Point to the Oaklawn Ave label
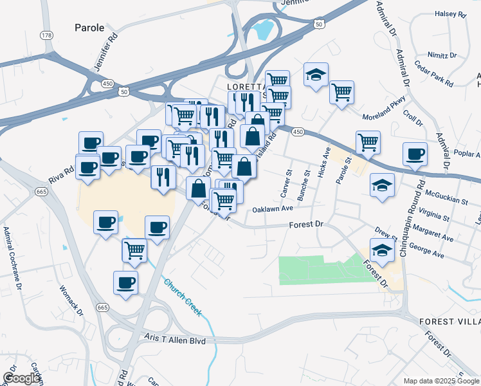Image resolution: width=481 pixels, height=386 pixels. tap(273, 209)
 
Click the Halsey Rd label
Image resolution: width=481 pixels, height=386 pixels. tap(450, 14)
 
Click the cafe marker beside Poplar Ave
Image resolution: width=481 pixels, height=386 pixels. tap(415, 154)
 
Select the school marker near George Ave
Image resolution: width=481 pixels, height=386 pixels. tap(383, 251)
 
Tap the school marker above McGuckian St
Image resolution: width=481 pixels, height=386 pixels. tap(382, 185)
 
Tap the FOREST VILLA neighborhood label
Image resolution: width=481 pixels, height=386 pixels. tap(449, 321)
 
